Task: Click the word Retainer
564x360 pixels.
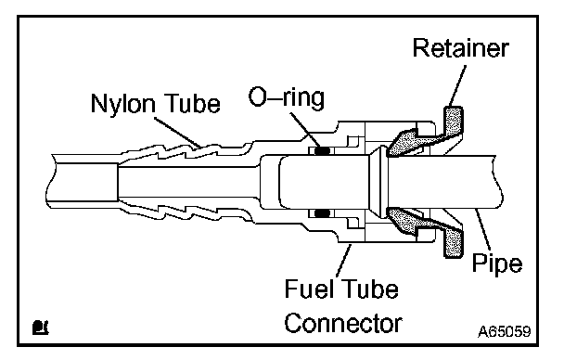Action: [460, 48]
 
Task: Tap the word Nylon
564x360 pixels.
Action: [123, 104]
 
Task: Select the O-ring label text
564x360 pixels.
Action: [287, 97]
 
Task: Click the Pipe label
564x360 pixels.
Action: [496, 264]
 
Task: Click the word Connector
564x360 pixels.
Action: [343, 323]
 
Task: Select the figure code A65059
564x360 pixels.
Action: [505, 331]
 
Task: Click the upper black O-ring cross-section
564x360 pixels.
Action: [323, 151]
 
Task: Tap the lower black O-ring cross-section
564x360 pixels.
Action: [323, 213]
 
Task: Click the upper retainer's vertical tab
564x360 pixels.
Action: [454, 122]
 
